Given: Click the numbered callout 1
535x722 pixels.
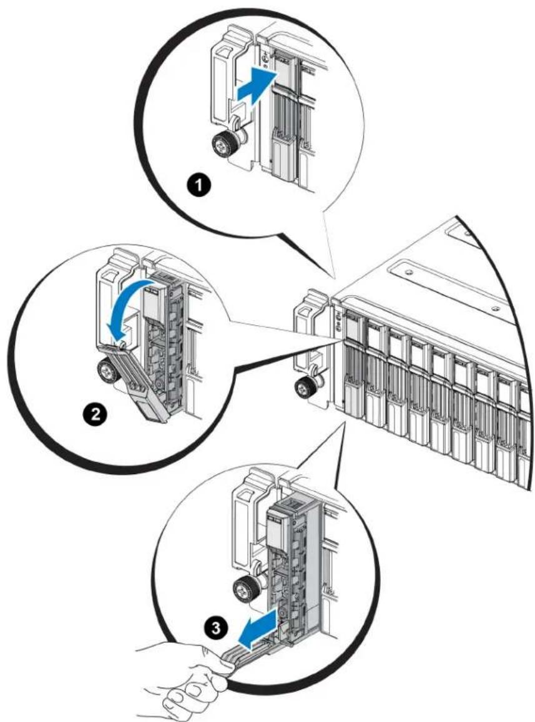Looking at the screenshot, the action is pos(199,187).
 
